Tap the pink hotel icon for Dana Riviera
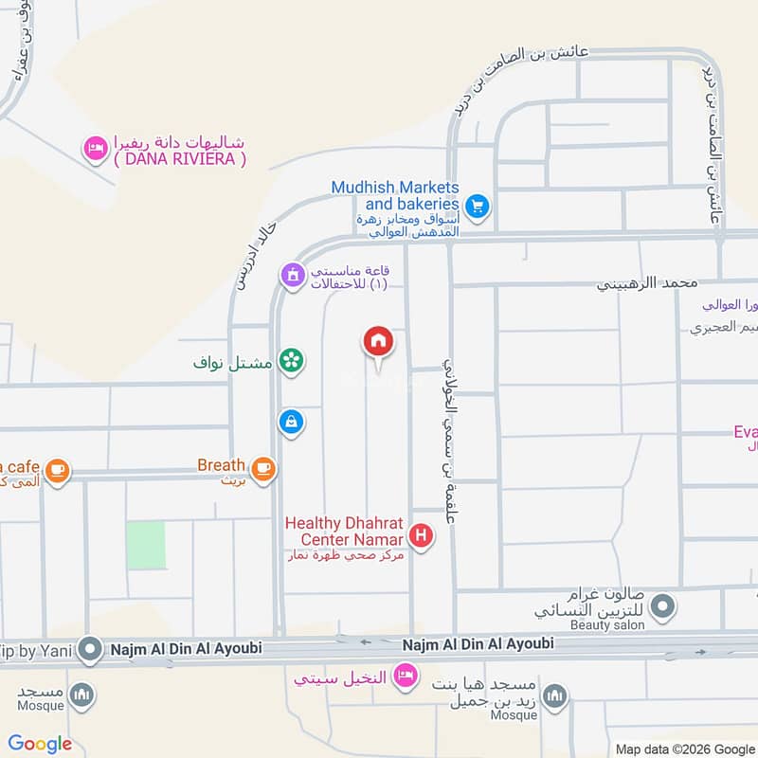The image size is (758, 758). coord(95,147)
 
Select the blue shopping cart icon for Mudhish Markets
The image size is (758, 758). coord(478,205)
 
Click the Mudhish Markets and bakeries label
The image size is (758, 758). coord(395,195)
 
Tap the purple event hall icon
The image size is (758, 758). coord(293,276)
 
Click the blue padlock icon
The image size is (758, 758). coord(291,422)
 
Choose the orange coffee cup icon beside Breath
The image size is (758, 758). coord(262,467)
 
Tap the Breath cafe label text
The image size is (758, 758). coord(221,465)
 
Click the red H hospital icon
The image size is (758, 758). coord(422,537)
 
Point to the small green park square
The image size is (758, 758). coord(145,545)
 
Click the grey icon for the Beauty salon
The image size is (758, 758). coord(665,605)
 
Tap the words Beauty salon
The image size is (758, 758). coord(607,625)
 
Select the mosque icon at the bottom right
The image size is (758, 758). coord(555,697)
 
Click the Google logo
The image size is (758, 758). coord(40,745)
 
